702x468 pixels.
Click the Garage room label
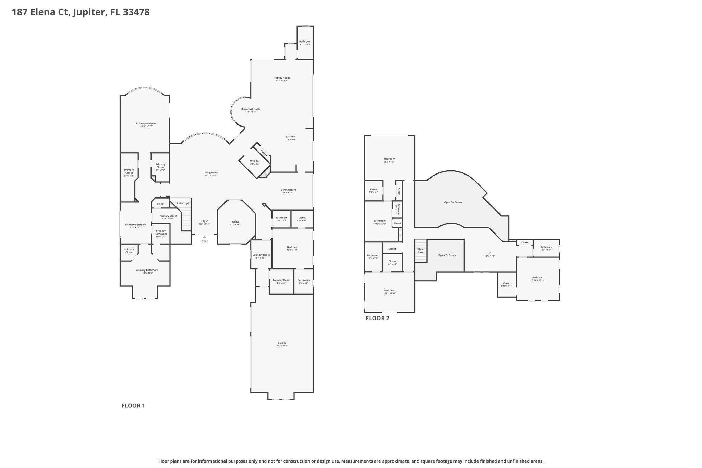click(x=282, y=343)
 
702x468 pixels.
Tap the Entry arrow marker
click(x=205, y=237)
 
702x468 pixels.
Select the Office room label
click(x=236, y=222)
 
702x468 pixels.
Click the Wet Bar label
click(x=255, y=161)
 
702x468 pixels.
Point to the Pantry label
click(x=264, y=153)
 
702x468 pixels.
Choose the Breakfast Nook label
click(x=251, y=109)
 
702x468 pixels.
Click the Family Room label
click(x=282, y=78)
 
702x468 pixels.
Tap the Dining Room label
click(x=288, y=190)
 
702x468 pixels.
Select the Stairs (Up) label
click(x=182, y=203)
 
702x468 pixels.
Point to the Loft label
click(x=489, y=253)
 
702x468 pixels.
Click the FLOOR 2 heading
click(x=377, y=318)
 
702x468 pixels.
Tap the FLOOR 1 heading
click(x=133, y=406)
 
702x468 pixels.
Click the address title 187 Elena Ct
click(x=81, y=12)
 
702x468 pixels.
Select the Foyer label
click(x=205, y=221)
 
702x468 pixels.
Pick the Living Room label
click(x=211, y=173)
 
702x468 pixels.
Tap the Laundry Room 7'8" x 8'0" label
click(x=281, y=280)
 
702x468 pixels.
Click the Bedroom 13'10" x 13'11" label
click(x=537, y=278)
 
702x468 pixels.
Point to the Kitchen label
click(x=290, y=137)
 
